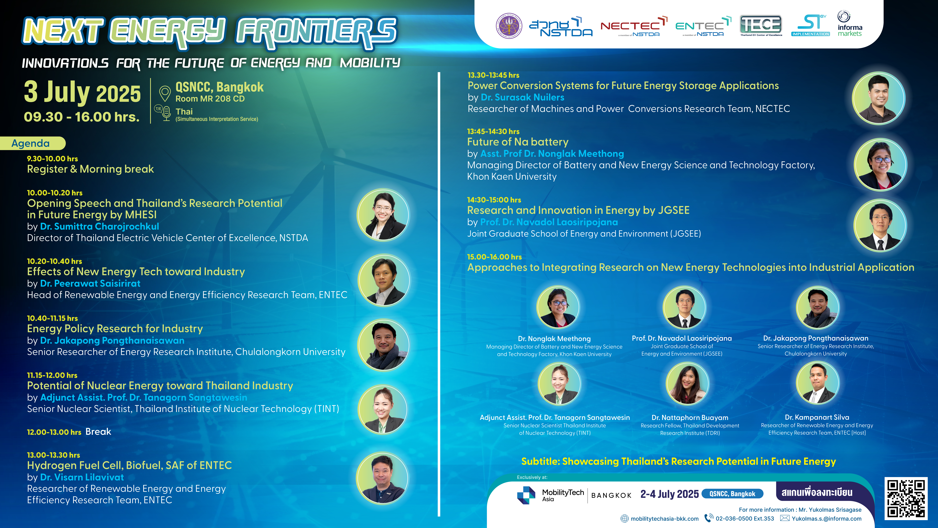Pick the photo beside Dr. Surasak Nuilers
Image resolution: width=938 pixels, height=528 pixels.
click(x=879, y=98)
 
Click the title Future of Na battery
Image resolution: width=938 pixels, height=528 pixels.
click(x=518, y=142)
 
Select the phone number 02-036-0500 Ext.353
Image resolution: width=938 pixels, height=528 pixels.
click(x=745, y=519)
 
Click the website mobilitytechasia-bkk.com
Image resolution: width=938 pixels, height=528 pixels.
click(x=665, y=519)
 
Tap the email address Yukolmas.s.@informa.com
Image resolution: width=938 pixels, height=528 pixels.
click(x=827, y=519)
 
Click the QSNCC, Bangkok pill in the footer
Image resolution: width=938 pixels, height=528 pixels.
click(x=732, y=494)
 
